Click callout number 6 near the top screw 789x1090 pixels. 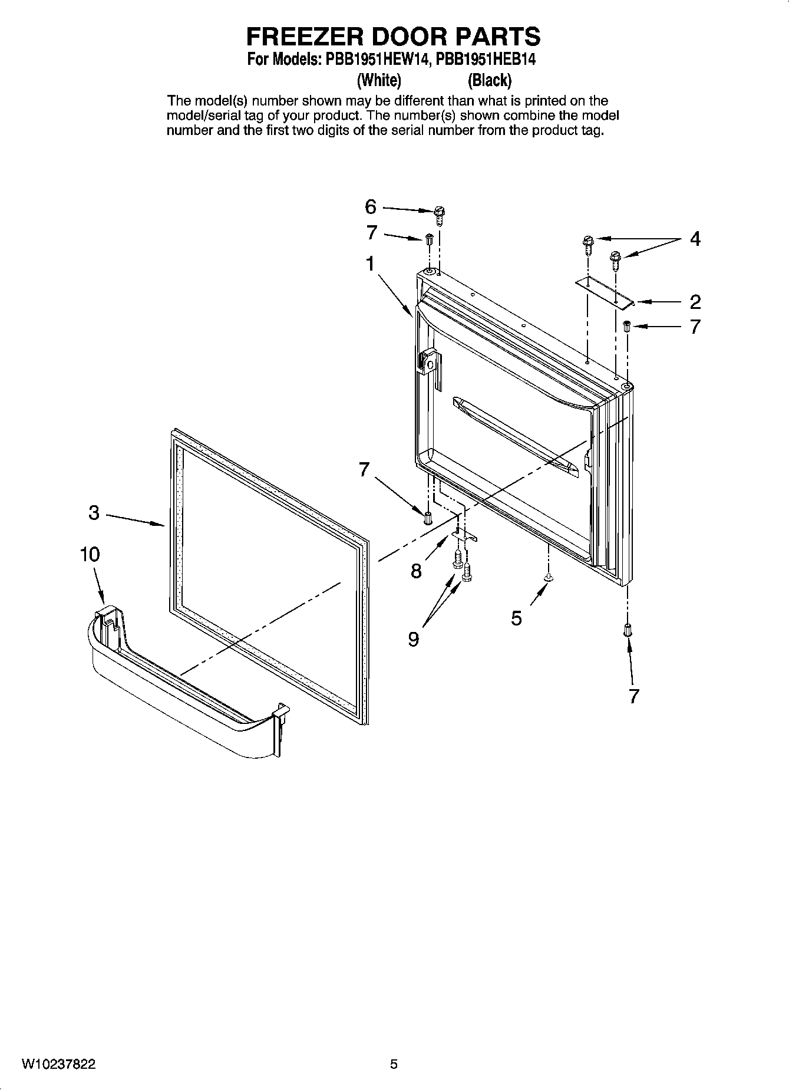tap(370, 207)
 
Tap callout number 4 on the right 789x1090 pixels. tap(695, 239)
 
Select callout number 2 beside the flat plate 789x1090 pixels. tap(695, 302)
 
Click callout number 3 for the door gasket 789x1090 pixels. tap(94, 513)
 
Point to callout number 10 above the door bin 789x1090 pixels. tap(90, 555)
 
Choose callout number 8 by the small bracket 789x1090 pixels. tap(417, 571)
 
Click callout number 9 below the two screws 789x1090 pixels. tap(414, 639)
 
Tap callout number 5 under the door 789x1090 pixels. tap(516, 618)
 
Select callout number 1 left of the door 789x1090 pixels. tap(370, 264)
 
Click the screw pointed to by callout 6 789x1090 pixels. tap(439, 215)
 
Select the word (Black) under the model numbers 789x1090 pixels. tap(489, 80)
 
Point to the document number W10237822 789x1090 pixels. tap(59, 1064)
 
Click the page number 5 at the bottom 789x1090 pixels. tap(394, 1064)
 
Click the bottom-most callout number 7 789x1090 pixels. tap(633, 696)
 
